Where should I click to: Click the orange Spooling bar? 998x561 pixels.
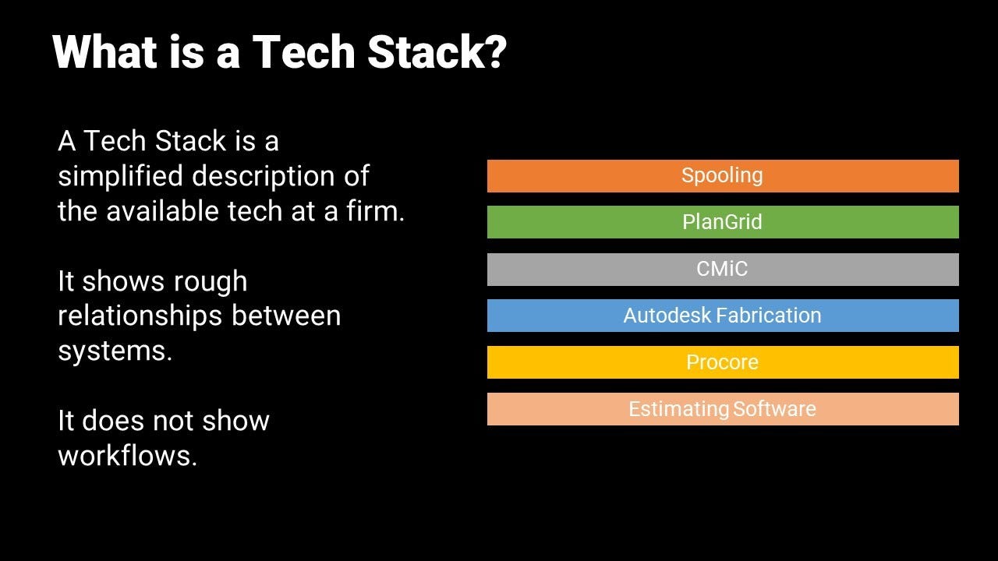pyautogui.click(x=722, y=176)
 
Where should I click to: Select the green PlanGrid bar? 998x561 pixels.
pyautogui.click(x=722, y=222)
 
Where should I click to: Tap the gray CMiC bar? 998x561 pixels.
pyautogui.click(x=722, y=269)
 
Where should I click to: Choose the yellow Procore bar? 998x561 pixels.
pyautogui.click(x=722, y=362)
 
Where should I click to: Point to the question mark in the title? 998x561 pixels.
pyautogui.click(x=494, y=52)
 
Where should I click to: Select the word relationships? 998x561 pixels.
pyautogui.click(x=137, y=316)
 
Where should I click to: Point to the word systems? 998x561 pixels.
pyautogui.click(x=115, y=351)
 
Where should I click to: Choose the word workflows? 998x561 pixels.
pyautogui.click(x=127, y=456)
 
